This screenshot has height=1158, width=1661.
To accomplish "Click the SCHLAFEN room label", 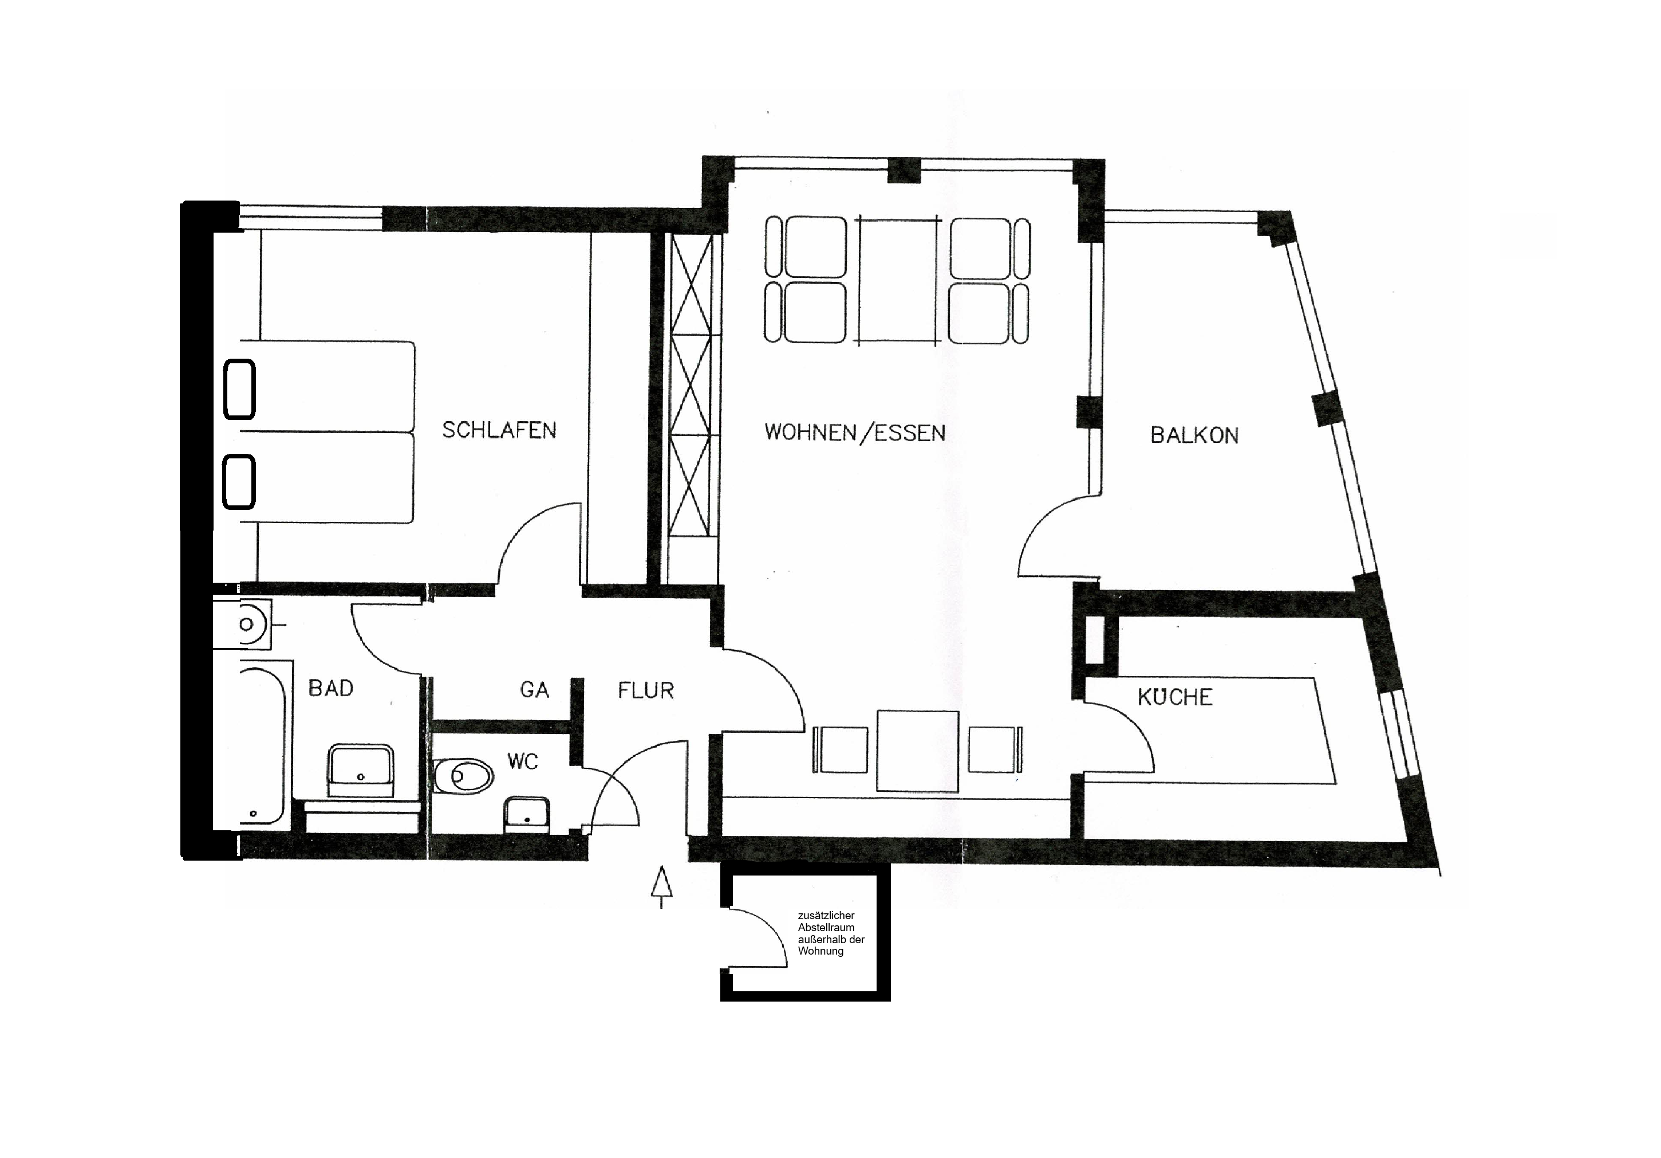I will coord(499,431).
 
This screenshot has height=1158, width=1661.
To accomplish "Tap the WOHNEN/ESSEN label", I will coord(854,433).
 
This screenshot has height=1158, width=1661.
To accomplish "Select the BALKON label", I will coord(1194,435).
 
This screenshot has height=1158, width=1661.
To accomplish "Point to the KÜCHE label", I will coord(1175,697).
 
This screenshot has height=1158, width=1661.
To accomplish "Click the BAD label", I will coord(330,688).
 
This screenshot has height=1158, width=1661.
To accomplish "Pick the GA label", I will coord(535,690).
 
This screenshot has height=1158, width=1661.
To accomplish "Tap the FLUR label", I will coord(645,690).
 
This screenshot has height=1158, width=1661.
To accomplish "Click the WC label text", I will coord(522,761).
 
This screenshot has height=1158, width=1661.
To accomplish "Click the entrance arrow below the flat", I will coord(661,886).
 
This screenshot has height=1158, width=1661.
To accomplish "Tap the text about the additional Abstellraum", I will coord(830,933).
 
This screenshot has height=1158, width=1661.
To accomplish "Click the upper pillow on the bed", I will coord(239,390).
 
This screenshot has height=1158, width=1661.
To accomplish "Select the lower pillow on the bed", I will coord(239,482).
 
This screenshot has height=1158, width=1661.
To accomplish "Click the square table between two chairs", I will coord(917,751).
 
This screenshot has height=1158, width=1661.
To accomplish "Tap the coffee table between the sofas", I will coord(897,280).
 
